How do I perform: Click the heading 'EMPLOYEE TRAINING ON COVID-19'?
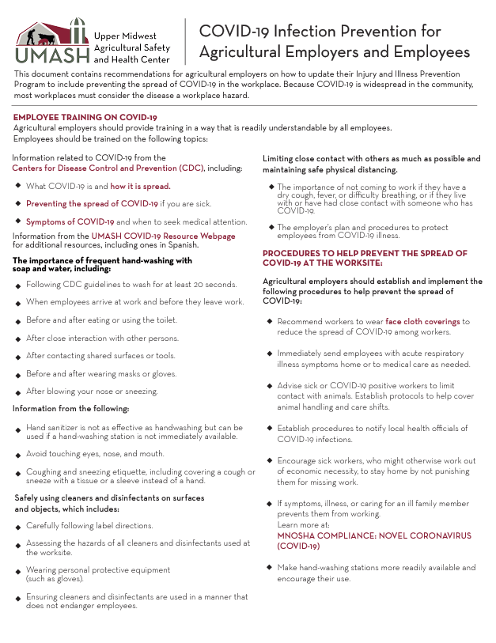85,117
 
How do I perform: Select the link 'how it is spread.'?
140,186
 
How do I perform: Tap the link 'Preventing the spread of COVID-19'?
91,203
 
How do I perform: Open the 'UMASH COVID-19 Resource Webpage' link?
163,236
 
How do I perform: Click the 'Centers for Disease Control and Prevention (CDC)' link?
108,168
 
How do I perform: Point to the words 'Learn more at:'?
303,524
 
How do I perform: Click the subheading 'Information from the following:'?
70,408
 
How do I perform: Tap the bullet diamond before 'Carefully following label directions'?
18,526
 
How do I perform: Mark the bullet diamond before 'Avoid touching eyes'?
18,454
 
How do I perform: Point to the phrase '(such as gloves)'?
55,578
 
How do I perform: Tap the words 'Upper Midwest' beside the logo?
125,36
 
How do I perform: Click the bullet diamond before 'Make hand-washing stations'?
270,568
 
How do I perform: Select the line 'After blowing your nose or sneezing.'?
92,391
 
